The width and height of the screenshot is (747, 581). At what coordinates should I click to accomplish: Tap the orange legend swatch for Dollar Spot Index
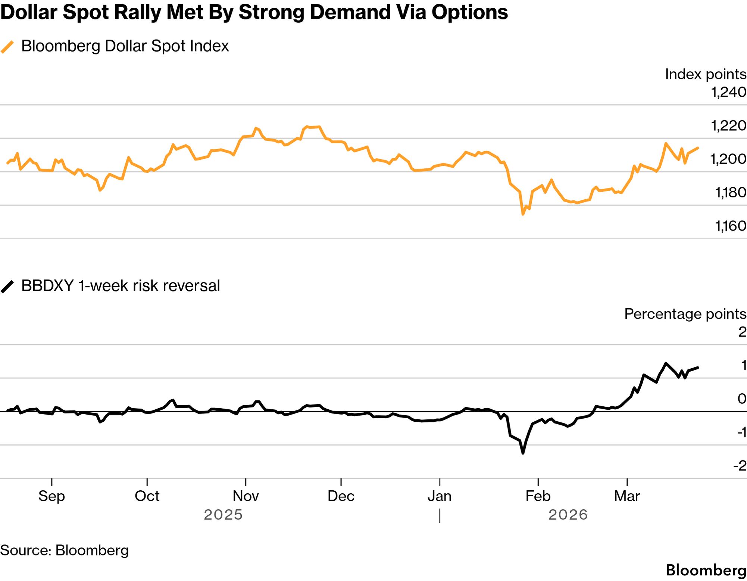click(x=7, y=47)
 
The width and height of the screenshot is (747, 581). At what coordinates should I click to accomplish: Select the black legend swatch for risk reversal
click(x=7, y=287)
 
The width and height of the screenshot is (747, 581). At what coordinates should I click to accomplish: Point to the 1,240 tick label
click(x=728, y=92)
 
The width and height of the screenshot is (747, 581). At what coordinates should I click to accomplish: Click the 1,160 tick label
click(x=730, y=226)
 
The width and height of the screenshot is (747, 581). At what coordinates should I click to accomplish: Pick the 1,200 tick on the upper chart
click(x=728, y=159)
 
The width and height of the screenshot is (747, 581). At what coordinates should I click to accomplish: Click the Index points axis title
click(x=705, y=74)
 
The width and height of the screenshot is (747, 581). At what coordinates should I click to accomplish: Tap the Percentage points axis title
click(x=685, y=314)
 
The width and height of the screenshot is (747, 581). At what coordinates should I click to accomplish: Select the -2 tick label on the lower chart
click(x=740, y=465)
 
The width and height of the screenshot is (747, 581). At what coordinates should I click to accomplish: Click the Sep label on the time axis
click(x=51, y=496)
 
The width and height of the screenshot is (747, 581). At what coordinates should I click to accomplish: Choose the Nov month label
click(x=246, y=496)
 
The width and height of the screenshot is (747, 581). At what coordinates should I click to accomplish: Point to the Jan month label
click(x=440, y=496)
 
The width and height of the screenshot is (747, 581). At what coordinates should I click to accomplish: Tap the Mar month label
click(x=627, y=496)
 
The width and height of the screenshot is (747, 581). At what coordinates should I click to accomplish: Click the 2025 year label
click(x=223, y=515)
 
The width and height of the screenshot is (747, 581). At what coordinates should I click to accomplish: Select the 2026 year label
click(x=568, y=515)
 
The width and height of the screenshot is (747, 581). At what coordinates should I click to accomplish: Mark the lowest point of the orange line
click(x=523, y=214)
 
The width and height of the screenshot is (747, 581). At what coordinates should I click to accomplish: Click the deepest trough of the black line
click(x=523, y=453)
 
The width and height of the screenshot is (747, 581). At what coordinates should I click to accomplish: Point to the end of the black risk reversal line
click(x=698, y=368)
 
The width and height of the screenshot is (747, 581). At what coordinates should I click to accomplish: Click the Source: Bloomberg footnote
click(x=64, y=550)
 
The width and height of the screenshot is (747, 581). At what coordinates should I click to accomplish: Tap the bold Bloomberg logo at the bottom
click(x=706, y=570)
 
